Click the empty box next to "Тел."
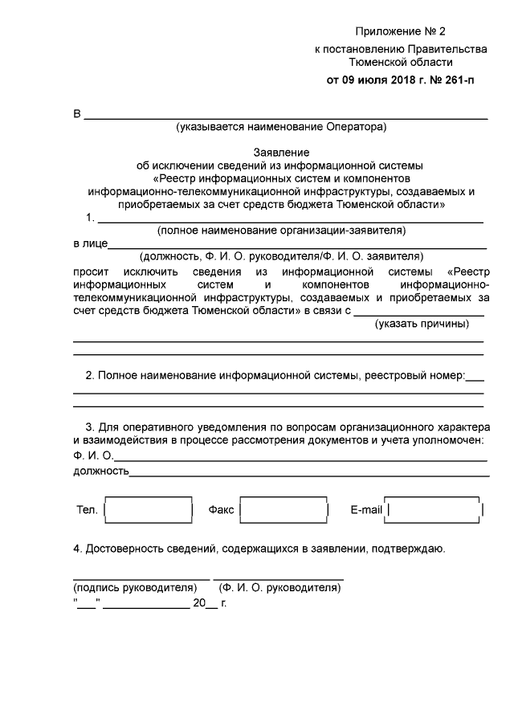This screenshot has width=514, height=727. [149, 510]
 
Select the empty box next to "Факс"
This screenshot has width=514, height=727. [284, 510]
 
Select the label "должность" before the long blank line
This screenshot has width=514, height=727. [100, 472]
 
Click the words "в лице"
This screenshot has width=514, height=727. [88, 243]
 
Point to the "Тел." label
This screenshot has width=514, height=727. [86, 510]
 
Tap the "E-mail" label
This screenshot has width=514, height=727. [367, 510]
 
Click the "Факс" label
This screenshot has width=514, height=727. [221, 510]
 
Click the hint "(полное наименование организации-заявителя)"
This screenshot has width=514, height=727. [281, 231]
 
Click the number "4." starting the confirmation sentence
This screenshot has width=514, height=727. [78, 549]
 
